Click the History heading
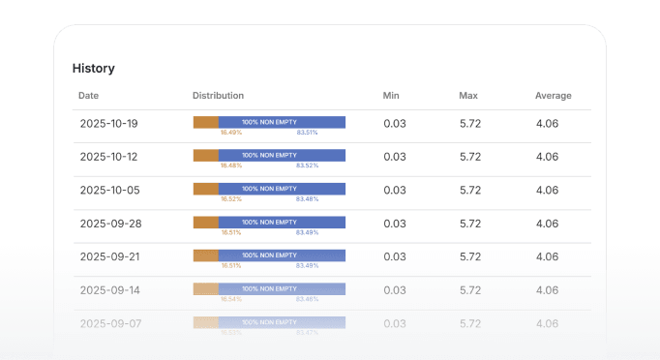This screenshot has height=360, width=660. pyautogui.click(x=94, y=69)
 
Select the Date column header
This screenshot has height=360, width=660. pyautogui.click(x=88, y=96)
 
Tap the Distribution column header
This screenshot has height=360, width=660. pyautogui.click(x=218, y=96)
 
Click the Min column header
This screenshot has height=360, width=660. pyautogui.click(x=391, y=96)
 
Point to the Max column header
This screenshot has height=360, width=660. pyautogui.click(x=468, y=96)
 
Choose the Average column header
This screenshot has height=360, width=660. pyautogui.click(x=554, y=96)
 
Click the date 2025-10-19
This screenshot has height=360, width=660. pyautogui.click(x=108, y=123)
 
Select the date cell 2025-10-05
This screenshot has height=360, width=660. pyautogui.click(x=108, y=190)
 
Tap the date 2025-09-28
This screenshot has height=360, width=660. pyautogui.click(x=108, y=224)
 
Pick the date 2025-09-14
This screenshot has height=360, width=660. pyautogui.click(x=108, y=290)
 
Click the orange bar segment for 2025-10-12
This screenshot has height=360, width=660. pyautogui.click(x=205, y=155)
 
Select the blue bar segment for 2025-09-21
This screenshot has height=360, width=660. pyautogui.click(x=282, y=255)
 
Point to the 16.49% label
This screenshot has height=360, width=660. pyautogui.click(x=230, y=133)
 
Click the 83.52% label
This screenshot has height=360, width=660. pyautogui.click(x=307, y=165)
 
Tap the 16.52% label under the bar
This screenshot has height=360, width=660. pyautogui.click(x=230, y=199)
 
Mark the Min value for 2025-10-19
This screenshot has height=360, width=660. pyautogui.click(x=394, y=123)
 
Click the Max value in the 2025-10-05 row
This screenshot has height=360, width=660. pyautogui.click(x=470, y=190)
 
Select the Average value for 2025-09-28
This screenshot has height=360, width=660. pyautogui.click(x=547, y=224)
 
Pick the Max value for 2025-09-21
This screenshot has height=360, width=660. pyautogui.click(x=470, y=256)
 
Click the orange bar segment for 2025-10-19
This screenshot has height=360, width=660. pyautogui.click(x=205, y=122)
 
